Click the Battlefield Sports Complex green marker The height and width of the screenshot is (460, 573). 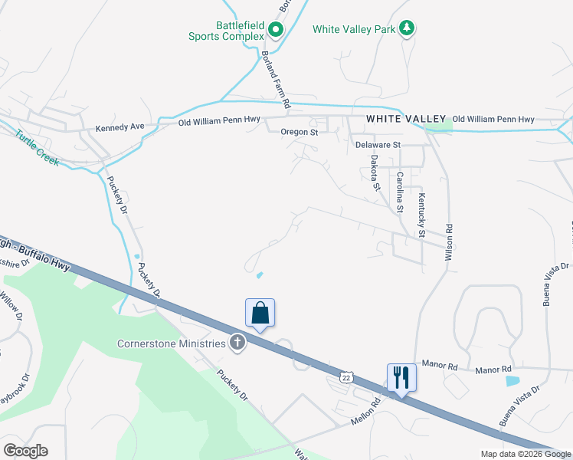(x=276, y=31)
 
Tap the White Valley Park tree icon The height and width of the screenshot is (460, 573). (x=408, y=29)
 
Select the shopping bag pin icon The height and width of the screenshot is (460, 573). (x=260, y=314)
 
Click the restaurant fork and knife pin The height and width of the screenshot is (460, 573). (x=401, y=377)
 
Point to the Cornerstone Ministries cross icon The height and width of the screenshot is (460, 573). (x=237, y=343)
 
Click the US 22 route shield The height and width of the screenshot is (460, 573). (x=345, y=378)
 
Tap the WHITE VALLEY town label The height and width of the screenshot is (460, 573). (x=406, y=119)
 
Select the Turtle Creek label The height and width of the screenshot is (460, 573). (x=36, y=148)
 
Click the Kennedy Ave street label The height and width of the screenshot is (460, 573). (x=120, y=127)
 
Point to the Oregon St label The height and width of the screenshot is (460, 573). (x=298, y=132)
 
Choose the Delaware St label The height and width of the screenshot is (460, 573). (x=378, y=144)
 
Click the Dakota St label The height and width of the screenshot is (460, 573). (x=375, y=172)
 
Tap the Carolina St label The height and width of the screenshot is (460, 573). (x=400, y=191)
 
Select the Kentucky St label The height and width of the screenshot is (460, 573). (x=421, y=215)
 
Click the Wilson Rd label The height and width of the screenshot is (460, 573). (x=450, y=242)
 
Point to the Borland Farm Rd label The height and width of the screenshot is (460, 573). (x=276, y=79)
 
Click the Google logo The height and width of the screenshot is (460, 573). (x=25, y=451)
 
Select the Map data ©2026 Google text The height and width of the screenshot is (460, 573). (x=525, y=454)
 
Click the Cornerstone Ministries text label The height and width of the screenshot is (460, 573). (x=172, y=343)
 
